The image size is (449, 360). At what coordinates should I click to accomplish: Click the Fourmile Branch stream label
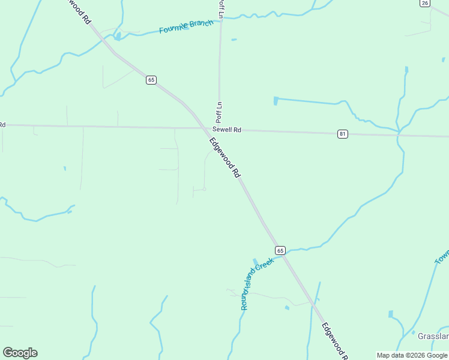coord(186,26)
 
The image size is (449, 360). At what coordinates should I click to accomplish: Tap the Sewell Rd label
coord(226,130)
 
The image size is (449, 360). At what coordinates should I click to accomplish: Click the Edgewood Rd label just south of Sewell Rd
coord(225,157)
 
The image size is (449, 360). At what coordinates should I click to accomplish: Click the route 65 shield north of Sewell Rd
coord(151,80)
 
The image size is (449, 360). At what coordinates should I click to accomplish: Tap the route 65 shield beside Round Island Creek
coord(280,250)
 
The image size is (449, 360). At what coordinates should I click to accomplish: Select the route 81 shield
coord(342,134)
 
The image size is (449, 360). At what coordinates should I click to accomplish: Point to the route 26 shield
coord(425,3)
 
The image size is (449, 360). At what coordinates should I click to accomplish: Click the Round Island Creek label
coord(257,283)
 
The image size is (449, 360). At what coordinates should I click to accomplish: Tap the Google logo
coord(20,353)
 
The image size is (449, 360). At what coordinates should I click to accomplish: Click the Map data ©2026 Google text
coord(412,355)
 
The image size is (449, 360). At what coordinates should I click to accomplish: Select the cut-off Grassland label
coord(433,336)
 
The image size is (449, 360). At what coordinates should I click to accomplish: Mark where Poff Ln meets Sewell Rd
coord(219,128)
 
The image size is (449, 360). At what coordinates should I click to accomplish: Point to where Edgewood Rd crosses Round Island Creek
coord(284,254)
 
